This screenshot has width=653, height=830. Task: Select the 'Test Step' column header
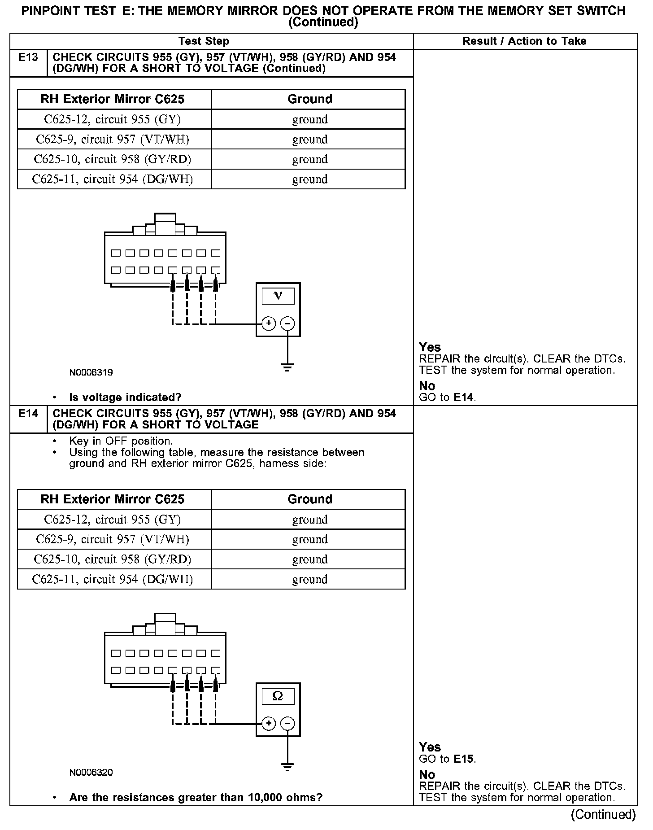(204, 41)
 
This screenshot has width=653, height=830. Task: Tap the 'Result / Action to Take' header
(524, 41)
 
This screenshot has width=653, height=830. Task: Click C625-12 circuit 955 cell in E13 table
(113, 119)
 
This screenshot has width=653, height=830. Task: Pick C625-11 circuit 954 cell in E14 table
(113, 579)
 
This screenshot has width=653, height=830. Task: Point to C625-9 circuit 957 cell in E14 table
(113, 539)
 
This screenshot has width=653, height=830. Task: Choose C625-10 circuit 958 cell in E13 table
(113, 159)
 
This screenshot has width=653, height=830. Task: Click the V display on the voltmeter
(278, 296)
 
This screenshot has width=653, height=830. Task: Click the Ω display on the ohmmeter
(278, 696)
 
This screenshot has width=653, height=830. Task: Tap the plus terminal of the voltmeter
(268, 323)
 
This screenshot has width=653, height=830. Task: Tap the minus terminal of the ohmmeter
(287, 724)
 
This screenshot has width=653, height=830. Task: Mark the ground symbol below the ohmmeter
(287, 767)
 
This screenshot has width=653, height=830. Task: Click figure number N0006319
(91, 372)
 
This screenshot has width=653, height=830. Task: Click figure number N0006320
(91, 773)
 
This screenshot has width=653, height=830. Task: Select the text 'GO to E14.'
(447, 398)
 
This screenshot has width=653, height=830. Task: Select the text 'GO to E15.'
(447, 759)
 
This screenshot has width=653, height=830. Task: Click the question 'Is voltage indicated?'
(125, 398)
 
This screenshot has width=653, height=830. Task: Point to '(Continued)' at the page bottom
(603, 815)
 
